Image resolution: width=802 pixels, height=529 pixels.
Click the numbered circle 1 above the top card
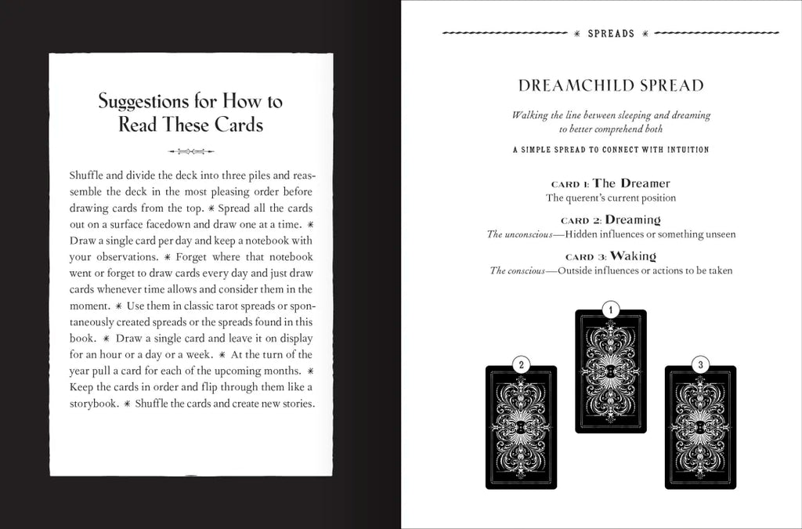point(611,310)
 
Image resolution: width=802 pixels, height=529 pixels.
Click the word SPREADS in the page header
point(611,34)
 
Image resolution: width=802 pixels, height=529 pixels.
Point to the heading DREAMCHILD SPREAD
point(611,85)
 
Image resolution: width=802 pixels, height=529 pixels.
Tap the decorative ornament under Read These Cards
point(191,151)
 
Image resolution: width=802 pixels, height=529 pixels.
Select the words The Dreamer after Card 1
point(631,183)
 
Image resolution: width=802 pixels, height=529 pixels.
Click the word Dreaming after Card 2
point(633,219)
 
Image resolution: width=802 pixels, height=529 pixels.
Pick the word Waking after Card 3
point(633,255)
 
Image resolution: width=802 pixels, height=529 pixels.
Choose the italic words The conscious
point(518,270)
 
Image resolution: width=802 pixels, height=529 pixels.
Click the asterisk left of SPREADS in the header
point(577,34)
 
